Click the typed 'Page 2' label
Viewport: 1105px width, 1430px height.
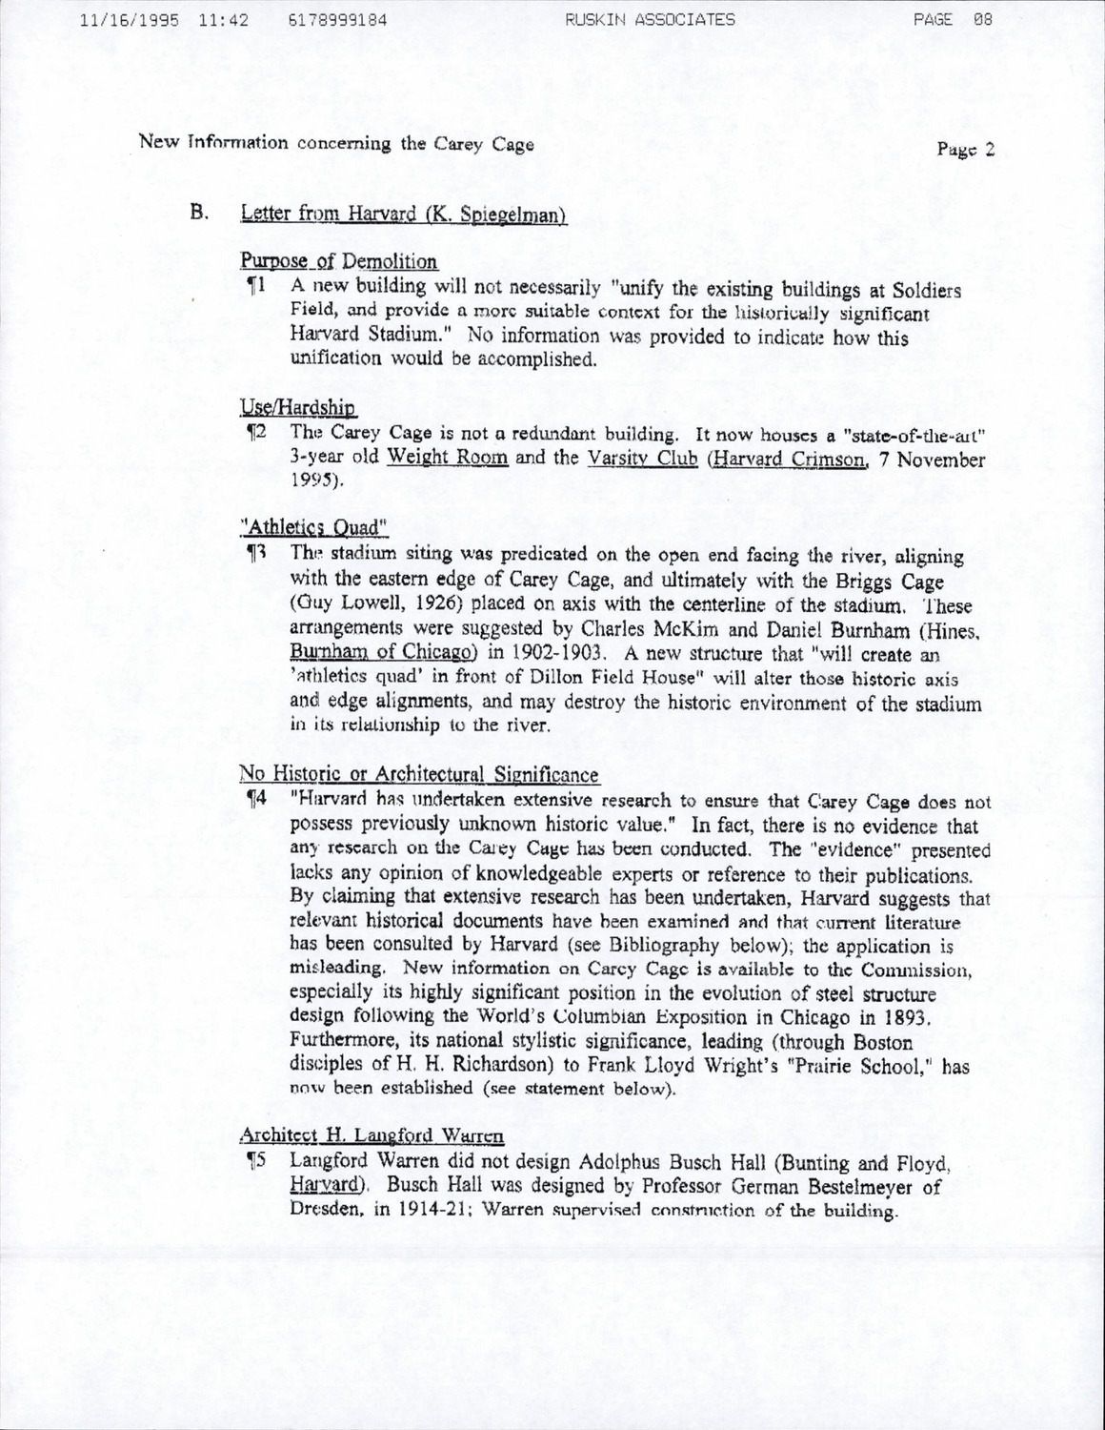click(x=965, y=149)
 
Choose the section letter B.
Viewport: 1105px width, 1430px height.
click(x=198, y=212)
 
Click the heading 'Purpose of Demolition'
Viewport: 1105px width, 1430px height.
click(x=338, y=261)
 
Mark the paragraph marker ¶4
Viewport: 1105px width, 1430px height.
click(x=255, y=801)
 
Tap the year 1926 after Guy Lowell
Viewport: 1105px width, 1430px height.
click(x=444, y=604)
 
